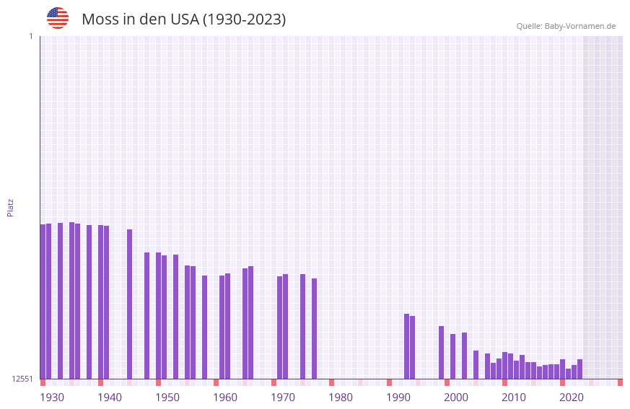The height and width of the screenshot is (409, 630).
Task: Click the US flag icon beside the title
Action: point(58,18)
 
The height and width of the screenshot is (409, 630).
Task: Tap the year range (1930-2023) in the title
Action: point(244,19)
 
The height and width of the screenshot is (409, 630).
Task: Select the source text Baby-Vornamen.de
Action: point(579,27)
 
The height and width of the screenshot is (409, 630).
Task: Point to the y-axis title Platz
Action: point(10,207)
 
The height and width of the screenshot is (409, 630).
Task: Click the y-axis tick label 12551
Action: point(22,379)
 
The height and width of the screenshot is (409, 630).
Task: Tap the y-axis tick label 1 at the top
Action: point(31,36)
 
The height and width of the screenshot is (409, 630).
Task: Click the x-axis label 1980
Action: point(341,397)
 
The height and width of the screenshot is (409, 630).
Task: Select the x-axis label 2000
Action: point(456,397)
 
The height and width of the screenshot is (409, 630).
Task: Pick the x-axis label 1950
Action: point(167,397)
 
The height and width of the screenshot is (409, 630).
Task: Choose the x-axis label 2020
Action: point(572,397)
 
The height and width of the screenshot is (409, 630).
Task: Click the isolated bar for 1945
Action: point(130,304)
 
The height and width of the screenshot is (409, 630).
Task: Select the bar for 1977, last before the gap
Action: point(315,328)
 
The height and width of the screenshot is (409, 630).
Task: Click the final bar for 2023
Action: point(580,369)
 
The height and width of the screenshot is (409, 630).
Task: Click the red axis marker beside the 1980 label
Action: point(332,382)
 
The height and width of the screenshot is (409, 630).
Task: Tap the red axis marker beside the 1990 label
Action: point(390,382)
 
